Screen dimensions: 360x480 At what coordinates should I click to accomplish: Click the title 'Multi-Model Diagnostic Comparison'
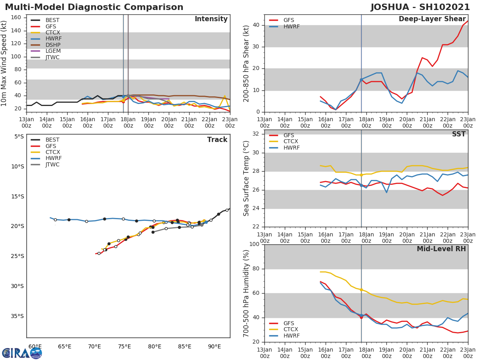[x=94, y=7]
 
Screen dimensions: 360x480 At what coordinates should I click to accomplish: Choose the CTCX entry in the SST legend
[x=291, y=142]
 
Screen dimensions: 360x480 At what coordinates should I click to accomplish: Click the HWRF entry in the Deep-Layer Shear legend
[x=291, y=26]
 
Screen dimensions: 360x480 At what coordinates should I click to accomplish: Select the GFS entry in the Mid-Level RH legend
[x=289, y=323]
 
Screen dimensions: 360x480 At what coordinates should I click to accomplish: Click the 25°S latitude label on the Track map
[x=16, y=256]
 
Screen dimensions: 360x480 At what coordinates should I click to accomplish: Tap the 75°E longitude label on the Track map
[x=125, y=346]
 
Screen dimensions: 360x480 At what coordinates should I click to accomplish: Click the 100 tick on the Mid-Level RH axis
[x=254, y=244]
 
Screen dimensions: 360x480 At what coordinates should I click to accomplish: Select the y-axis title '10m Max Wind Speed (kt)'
[x=4, y=63]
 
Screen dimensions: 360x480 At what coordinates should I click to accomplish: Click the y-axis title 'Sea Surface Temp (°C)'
[x=246, y=178]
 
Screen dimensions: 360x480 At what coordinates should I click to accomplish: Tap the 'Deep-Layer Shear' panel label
[x=432, y=19]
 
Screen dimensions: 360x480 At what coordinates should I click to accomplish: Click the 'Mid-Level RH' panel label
[x=441, y=249]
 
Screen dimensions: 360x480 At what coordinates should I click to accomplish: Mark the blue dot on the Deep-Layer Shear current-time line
[x=361, y=80]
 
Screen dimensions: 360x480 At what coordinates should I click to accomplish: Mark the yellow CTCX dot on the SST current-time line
[x=361, y=175]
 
